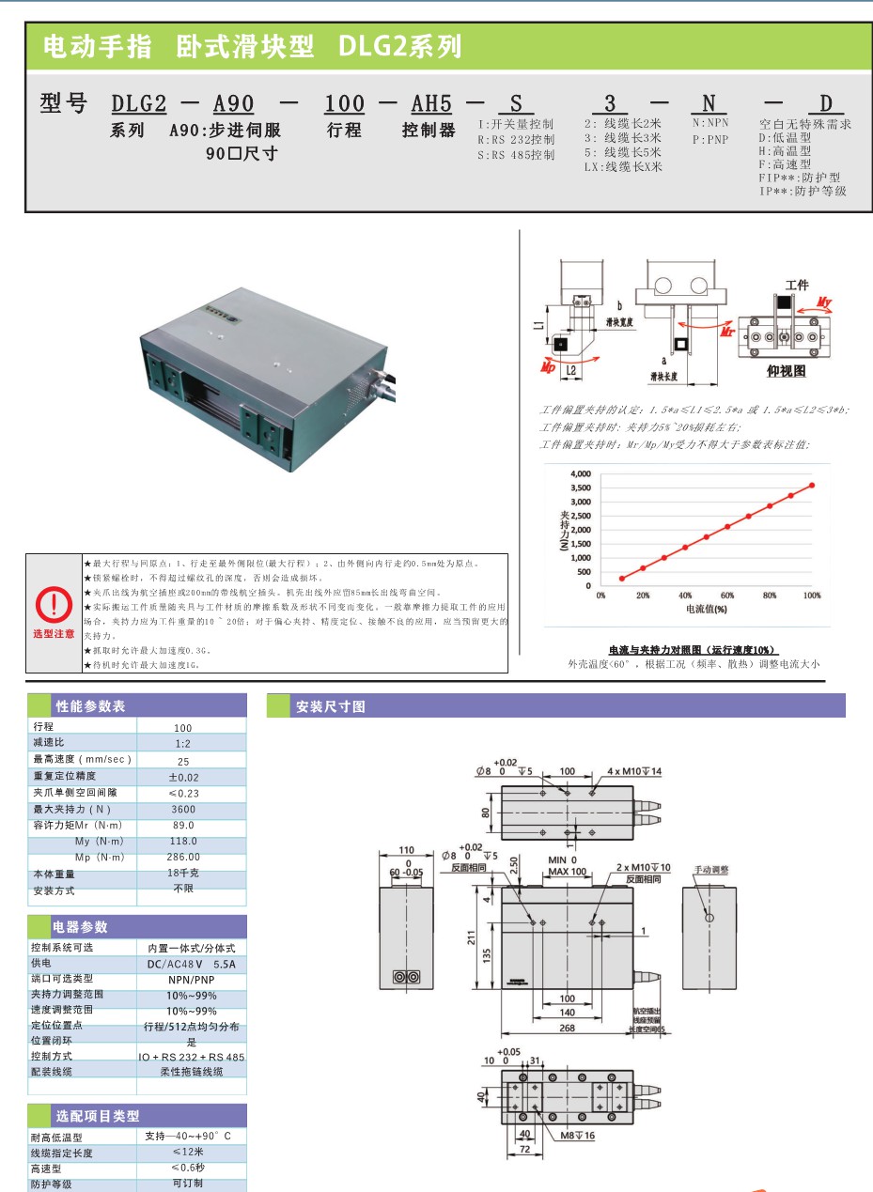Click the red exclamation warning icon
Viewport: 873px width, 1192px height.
click(54, 603)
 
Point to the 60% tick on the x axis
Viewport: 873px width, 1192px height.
click(727, 596)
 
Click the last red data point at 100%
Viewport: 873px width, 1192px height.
click(812, 486)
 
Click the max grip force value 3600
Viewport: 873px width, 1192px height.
click(183, 809)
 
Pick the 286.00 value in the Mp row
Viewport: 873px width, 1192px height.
click(183, 857)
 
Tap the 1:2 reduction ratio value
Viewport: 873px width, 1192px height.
click(183, 743)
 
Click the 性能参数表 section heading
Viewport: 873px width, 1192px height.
click(90, 706)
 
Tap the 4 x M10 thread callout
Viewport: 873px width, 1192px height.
click(634, 771)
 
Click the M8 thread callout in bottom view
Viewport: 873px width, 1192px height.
click(578, 1162)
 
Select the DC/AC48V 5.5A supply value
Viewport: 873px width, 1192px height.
click(191, 964)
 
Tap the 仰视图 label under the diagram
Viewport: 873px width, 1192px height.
click(787, 371)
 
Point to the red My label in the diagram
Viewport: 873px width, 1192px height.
click(824, 302)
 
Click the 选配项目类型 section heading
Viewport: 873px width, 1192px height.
click(98, 1116)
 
